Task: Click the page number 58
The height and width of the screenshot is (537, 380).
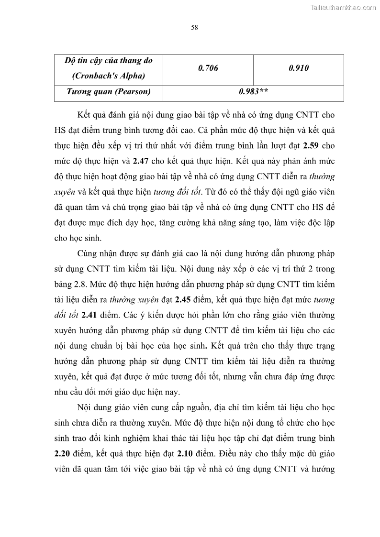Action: click(x=194, y=27)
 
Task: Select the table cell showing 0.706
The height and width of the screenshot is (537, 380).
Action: click(x=208, y=68)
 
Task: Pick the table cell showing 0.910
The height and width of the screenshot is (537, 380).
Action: click(x=299, y=68)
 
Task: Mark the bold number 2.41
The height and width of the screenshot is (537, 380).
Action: click(x=91, y=315)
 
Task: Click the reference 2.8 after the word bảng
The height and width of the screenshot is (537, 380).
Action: click(x=76, y=285)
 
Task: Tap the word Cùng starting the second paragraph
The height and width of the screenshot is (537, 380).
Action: click(x=88, y=253)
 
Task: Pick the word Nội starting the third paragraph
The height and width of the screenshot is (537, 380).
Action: click(x=85, y=407)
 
